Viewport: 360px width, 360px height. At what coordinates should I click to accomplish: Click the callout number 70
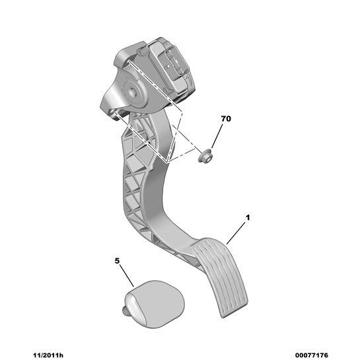click(x=226, y=119)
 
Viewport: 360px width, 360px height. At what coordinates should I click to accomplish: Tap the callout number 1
click(x=248, y=217)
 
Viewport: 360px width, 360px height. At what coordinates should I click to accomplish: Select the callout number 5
click(x=118, y=261)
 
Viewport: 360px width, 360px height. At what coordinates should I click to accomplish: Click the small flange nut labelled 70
click(x=205, y=157)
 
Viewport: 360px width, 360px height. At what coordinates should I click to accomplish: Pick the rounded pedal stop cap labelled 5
click(x=155, y=304)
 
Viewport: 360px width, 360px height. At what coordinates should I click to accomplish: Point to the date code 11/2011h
click(x=48, y=355)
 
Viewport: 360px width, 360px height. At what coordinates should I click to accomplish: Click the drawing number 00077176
click(x=312, y=355)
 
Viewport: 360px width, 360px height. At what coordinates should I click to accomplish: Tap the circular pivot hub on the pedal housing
click(x=133, y=92)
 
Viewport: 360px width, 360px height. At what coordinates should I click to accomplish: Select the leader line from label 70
click(x=217, y=136)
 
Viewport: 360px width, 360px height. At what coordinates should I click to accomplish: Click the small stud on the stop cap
click(x=125, y=311)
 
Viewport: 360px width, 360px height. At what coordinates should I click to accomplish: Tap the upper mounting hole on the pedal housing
click(x=128, y=61)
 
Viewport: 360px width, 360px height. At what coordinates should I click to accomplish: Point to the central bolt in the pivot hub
click(x=133, y=92)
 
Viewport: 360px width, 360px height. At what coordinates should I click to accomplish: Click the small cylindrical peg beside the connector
click(x=142, y=52)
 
